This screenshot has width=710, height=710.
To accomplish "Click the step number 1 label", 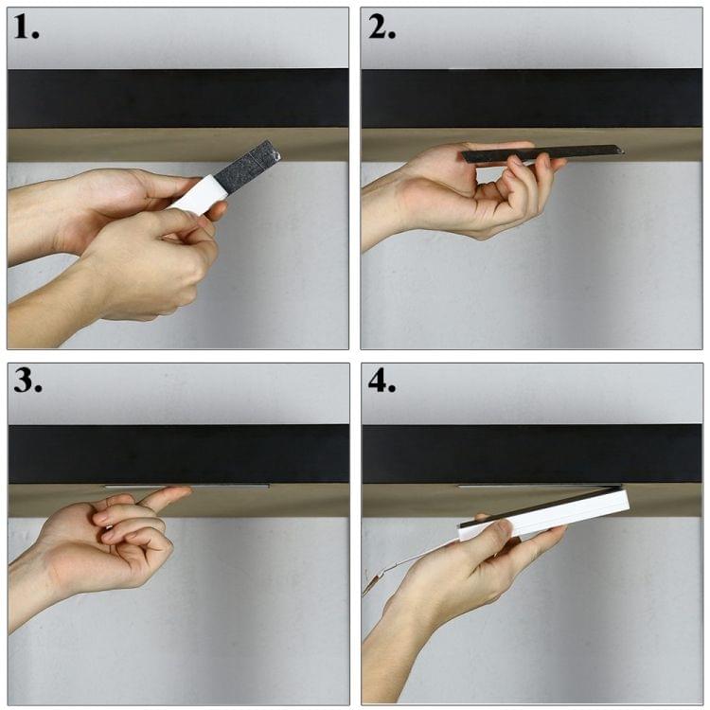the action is [27, 27].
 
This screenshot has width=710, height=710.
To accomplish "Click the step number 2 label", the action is [382, 27].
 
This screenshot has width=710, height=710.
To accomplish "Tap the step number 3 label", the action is [28, 381].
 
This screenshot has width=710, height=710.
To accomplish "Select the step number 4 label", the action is [382, 382].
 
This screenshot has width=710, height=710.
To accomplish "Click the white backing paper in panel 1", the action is [198, 194].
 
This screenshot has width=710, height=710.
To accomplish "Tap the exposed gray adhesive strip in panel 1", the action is [247, 164].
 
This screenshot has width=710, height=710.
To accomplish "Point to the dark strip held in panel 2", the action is [542, 153].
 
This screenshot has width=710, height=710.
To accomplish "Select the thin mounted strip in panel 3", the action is [186, 487].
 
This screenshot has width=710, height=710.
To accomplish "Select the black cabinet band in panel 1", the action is [178, 98].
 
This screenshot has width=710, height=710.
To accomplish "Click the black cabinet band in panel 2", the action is [532, 98].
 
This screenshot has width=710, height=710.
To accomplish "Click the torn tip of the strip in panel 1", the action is [275, 155].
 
